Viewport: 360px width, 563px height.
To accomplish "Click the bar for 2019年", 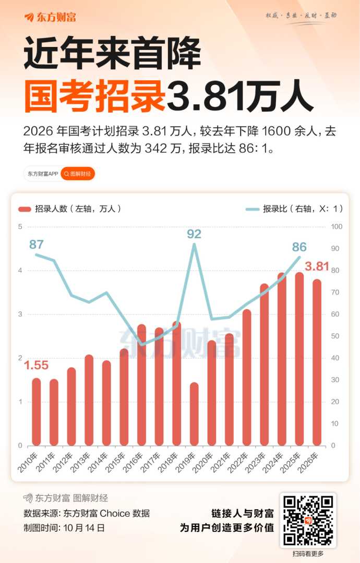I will [194, 414].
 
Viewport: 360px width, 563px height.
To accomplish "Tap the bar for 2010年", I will [36, 412].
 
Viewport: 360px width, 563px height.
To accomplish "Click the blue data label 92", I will [194, 234].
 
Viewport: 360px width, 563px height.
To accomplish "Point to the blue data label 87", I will [37, 244].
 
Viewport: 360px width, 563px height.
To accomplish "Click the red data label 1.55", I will [36, 365].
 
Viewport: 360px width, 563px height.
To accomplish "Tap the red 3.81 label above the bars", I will [317, 266].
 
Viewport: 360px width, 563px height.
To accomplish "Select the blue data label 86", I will [299, 247].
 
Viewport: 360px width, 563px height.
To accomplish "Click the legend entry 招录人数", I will [70, 209].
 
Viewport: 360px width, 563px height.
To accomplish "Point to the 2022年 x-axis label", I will [243, 460].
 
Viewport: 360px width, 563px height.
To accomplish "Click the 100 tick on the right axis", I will [337, 227].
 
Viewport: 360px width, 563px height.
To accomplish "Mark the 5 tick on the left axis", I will [20, 227].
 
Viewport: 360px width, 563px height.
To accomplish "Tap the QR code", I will [308, 520].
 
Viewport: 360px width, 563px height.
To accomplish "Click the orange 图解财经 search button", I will [78, 174].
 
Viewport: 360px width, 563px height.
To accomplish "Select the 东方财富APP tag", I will [42, 174].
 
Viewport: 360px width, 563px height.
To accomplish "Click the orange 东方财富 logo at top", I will [50, 17].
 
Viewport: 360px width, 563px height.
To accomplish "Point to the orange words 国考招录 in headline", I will [94, 95].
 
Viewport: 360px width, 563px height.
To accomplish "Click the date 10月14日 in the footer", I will [84, 528].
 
